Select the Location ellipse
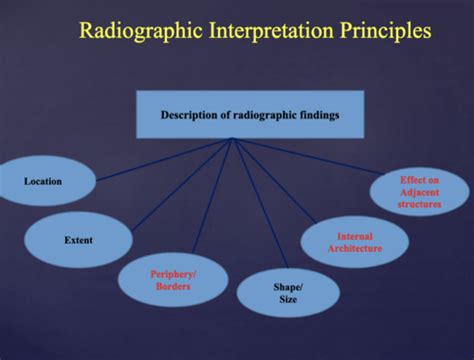44,181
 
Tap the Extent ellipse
78,240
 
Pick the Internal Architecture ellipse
354,242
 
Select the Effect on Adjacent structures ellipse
419,192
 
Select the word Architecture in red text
355,248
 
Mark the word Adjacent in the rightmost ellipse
419,192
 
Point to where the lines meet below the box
233,139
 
